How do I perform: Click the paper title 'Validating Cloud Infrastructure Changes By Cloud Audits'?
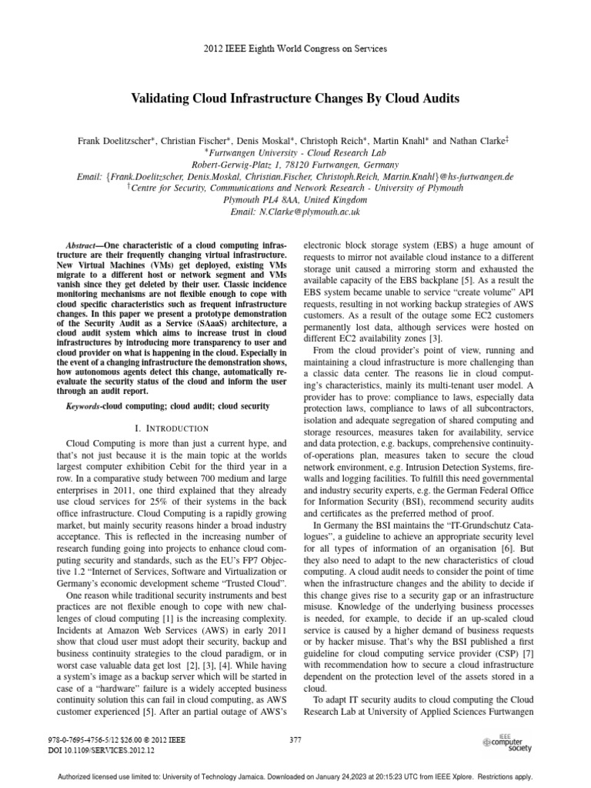point(295,100)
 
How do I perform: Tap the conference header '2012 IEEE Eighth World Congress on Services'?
point(295,48)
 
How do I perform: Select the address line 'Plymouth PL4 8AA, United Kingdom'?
point(295,199)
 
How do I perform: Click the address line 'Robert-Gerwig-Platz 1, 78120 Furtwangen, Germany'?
point(295,164)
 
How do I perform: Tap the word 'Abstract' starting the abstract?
point(80,244)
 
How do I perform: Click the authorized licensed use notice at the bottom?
point(295,779)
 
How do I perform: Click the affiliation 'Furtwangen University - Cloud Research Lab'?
point(295,152)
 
